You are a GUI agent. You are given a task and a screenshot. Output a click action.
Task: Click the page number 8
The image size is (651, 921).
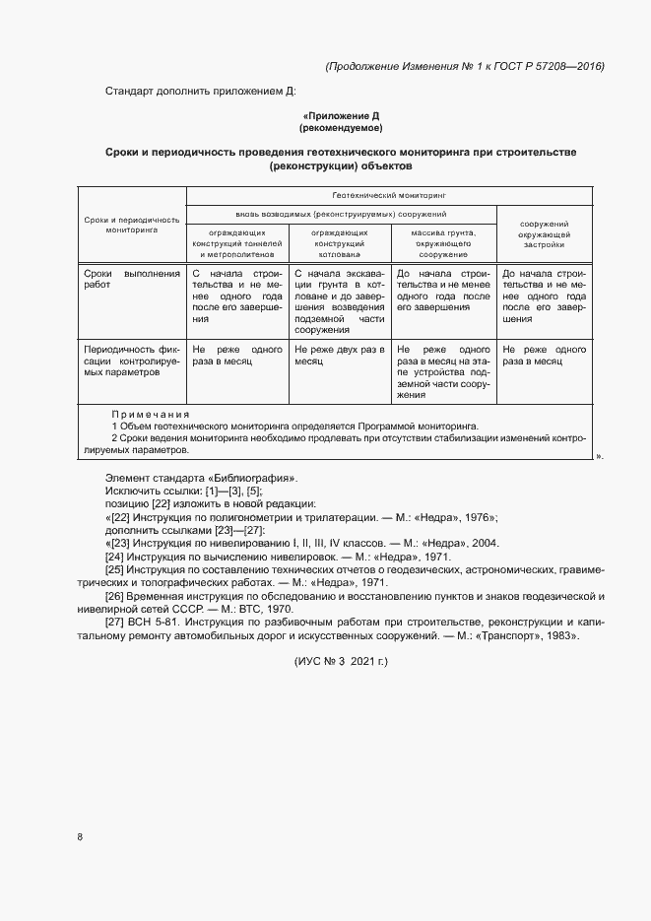click(x=79, y=837)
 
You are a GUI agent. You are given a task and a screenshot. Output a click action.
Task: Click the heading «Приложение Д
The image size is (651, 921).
click(x=340, y=116)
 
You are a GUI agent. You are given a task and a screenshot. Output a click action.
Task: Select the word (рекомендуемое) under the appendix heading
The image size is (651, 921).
click(x=340, y=128)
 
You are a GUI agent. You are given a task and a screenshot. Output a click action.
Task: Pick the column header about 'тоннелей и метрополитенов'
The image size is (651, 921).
click(x=237, y=241)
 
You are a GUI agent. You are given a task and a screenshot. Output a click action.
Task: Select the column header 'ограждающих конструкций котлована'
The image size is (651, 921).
click(x=340, y=241)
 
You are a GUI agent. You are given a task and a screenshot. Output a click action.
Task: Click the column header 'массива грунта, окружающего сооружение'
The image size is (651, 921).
click(x=443, y=241)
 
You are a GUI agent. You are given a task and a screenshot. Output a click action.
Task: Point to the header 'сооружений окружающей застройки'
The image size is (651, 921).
click(x=545, y=233)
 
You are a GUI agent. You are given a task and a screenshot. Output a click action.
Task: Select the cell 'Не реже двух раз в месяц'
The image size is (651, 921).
click(x=340, y=355)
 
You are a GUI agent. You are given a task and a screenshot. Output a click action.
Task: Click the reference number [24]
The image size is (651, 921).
click(x=113, y=558)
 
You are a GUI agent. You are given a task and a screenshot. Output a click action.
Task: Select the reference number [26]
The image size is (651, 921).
click(x=113, y=597)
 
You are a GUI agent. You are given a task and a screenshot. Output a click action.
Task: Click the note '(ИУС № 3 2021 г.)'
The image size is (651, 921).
click(x=341, y=661)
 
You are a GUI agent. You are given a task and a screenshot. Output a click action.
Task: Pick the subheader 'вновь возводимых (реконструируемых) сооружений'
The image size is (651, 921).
click(x=340, y=213)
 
